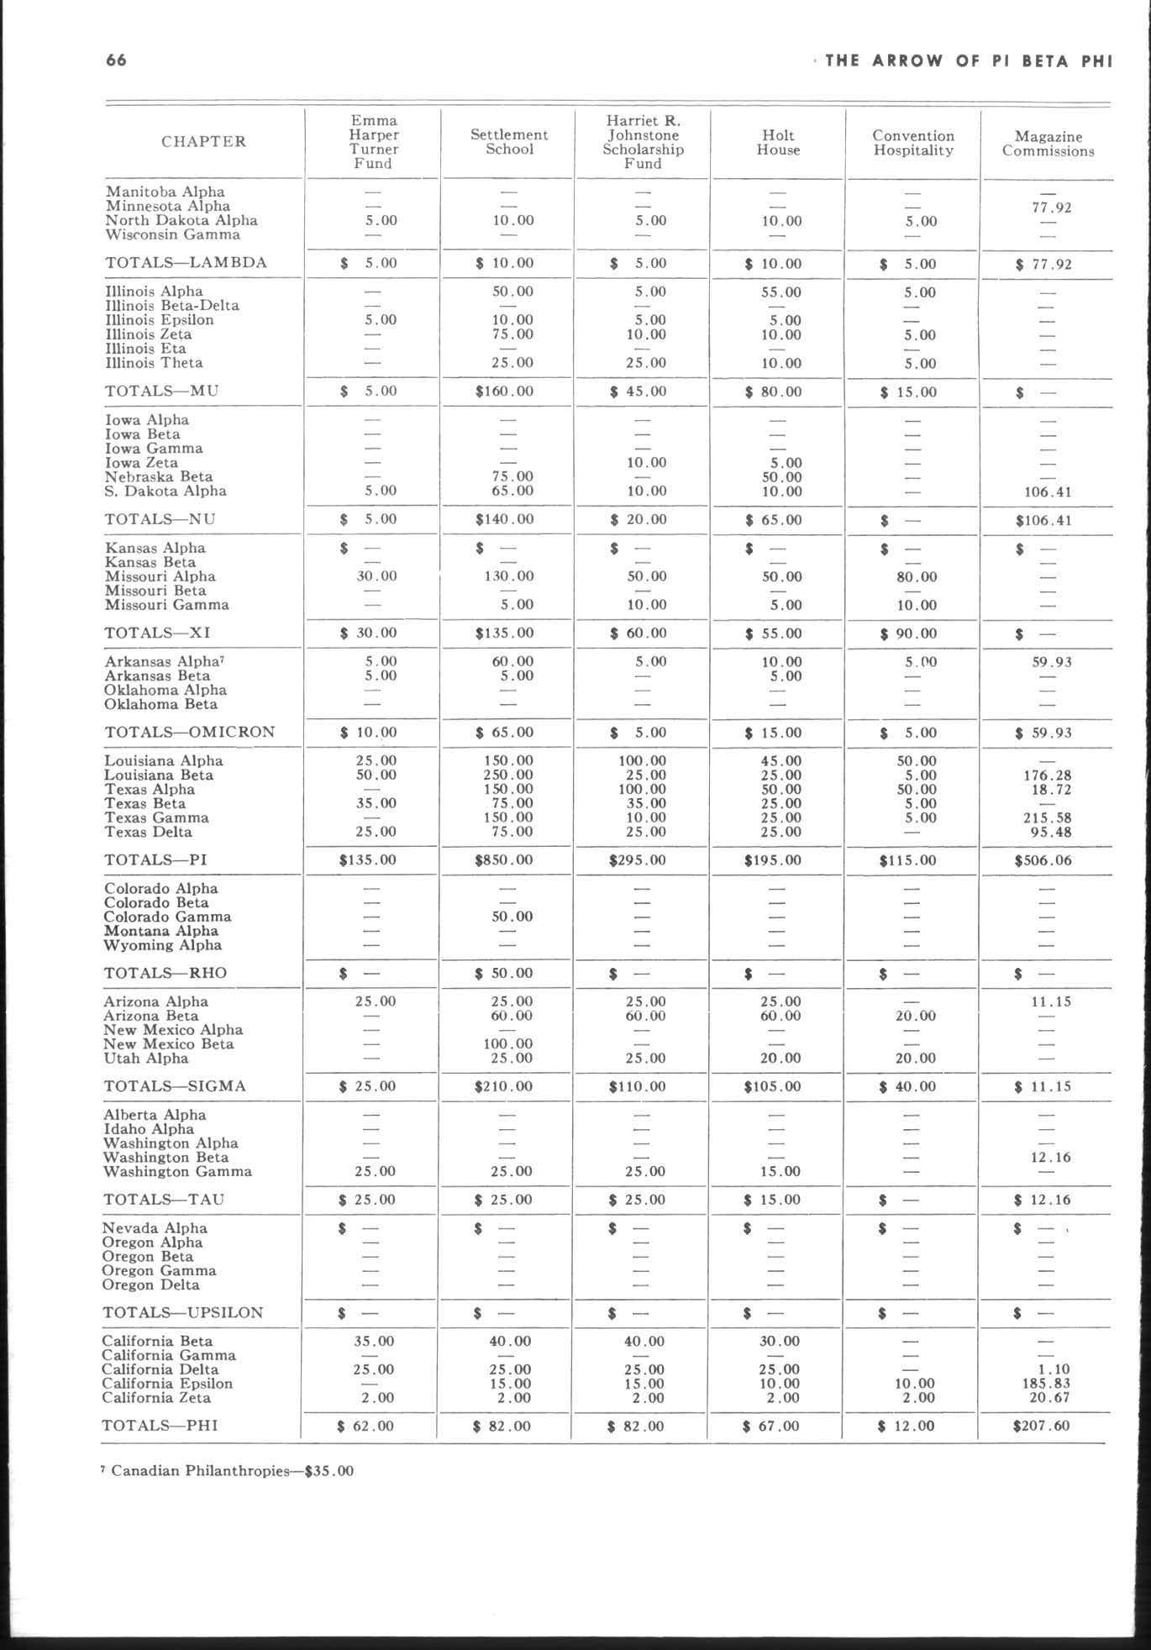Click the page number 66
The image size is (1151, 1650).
coord(117,60)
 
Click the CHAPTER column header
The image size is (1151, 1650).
coord(204,141)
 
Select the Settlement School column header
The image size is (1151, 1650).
coord(509,142)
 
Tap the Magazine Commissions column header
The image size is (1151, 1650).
coord(1048,144)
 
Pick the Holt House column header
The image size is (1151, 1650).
coord(778,143)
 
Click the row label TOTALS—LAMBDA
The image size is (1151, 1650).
coord(186,263)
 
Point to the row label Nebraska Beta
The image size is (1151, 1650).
coord(159,476)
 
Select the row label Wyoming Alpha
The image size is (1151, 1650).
coord(162,945)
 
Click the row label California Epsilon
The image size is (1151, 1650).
coord(167,1384)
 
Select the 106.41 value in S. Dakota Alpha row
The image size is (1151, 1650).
coord(1043,491)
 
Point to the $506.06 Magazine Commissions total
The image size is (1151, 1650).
coord(1043,860)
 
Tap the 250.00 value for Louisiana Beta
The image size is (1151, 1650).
coord(507,775)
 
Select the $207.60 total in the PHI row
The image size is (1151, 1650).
coord(1042,1426)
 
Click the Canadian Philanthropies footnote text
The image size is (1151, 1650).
coord(228,1471)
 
